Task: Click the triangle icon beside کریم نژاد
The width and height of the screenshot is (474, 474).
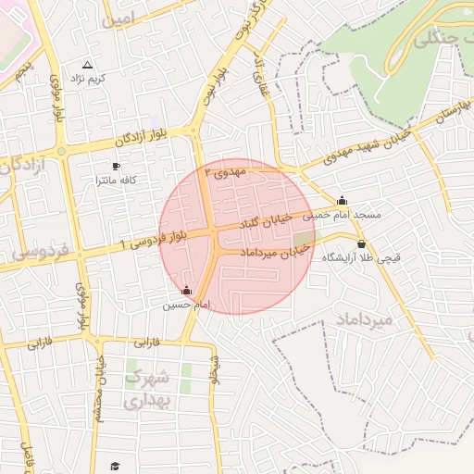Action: tap(88, 65)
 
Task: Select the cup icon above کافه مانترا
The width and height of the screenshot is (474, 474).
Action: tap(116, 166)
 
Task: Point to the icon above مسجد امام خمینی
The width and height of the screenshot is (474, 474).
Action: tap(343, 200)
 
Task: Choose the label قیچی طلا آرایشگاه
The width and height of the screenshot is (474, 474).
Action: tap(361, 258)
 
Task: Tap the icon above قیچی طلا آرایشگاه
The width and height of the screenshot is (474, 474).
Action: tap(360, 244)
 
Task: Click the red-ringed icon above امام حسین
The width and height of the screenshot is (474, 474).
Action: tap(188, 291)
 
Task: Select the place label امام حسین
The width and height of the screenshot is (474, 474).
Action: tap(188, 305)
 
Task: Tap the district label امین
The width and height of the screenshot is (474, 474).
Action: tap(119, 19)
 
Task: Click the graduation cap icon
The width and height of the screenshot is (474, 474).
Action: tap(116, 466)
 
